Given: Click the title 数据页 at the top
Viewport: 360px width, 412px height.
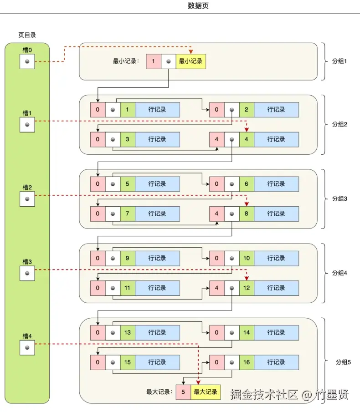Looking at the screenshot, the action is (x=198, y=5).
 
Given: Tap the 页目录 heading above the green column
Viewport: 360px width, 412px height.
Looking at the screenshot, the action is (x=27, y=35).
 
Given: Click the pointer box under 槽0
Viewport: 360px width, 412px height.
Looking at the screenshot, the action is (x=27, y=61).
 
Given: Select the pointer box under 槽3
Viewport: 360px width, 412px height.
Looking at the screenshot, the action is (x=27, y=273).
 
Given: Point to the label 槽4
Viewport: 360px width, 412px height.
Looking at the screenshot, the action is (x=27, y=336).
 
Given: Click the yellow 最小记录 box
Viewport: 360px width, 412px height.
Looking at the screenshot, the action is (x=191, y=61).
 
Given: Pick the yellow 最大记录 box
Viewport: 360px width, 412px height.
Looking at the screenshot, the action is (x=206, y=392).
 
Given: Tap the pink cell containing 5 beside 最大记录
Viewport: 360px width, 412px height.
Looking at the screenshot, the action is (x=183, y=392).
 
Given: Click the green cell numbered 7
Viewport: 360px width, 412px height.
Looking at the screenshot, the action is (x=128, y=214).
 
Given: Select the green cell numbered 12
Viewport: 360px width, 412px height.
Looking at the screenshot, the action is (x=247, y=288).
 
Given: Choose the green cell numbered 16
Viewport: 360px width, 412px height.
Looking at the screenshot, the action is (x=247, y=362).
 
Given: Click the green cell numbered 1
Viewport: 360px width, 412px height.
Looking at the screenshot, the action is (x=128, y=110).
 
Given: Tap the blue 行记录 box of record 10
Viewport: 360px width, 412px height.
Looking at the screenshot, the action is (x=276, y=258).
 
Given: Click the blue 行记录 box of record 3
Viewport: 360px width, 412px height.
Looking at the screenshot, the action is (x=158, y=139).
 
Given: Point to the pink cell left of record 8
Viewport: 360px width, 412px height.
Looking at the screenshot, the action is (x=217, y=214).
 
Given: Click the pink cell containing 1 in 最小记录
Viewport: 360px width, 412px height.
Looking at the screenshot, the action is (x=154, y=61).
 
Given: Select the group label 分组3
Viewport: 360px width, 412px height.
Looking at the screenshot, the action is (x=339, y=198).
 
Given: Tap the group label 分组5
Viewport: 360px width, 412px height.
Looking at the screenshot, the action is (x=343, y=362).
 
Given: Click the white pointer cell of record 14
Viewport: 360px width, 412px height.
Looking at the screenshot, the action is (x=231, y=333).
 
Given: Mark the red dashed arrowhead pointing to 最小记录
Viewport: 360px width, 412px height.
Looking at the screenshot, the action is (x=191, y=52).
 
